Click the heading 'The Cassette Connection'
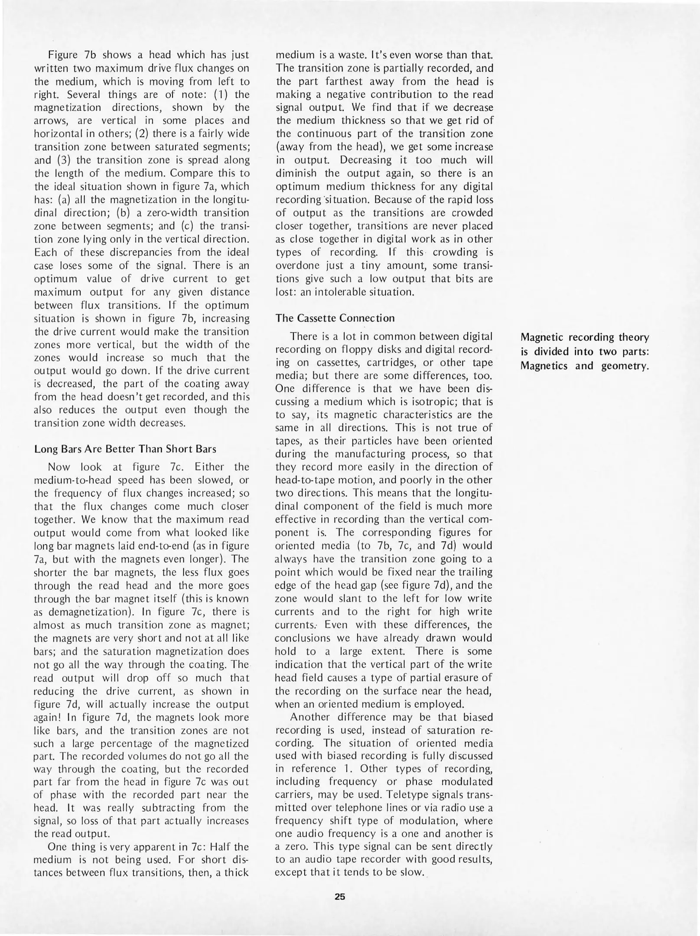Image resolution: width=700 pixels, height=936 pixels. click(335, 318)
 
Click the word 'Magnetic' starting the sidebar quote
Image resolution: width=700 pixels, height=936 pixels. click(542, 337)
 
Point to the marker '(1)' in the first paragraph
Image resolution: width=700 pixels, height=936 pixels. click(217, 94)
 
